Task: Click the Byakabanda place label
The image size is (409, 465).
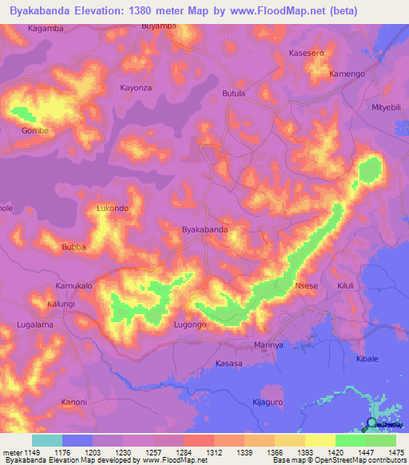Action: coord(205,229)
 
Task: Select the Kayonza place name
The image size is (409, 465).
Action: coord(135,87)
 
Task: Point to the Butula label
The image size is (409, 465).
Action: coord(233,93)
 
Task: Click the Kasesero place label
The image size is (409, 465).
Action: coord(306,53)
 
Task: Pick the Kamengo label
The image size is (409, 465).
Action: coord(347,74)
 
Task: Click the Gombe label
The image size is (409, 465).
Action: coord(35,130)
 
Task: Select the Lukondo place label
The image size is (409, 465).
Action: coord(112,209)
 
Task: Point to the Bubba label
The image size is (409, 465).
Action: coord(73,247)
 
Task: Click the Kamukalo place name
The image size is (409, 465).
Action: coord(73,285)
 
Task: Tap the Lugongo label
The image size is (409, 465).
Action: coord(191,325)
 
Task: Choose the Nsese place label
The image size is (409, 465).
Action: coord(306,285)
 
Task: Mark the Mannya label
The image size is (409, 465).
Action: coord(268,344)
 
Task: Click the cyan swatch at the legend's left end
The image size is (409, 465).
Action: coord(47,440)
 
